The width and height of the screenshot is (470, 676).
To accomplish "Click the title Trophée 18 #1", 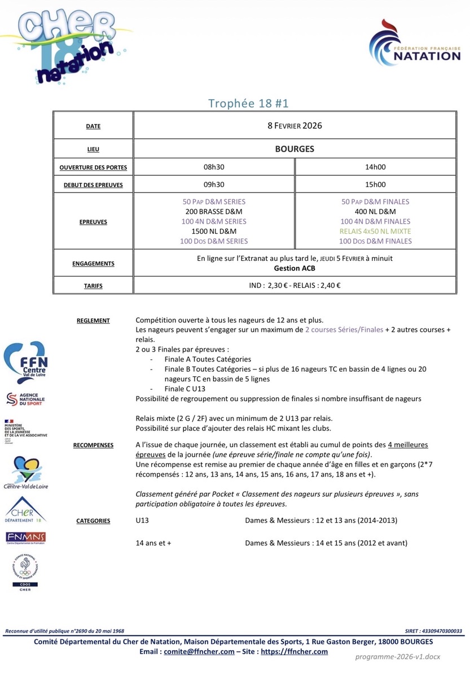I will point(248,103).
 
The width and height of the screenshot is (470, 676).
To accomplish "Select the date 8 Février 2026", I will point(295,126).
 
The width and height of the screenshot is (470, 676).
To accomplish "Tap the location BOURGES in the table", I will point(295,149).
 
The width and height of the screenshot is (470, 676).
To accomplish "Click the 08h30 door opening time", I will point(214,167).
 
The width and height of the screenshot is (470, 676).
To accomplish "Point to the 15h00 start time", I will point(375,184).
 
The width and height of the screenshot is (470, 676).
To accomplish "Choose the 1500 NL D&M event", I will point(214,231).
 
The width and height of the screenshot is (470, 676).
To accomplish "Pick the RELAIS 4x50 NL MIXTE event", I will point(375,231).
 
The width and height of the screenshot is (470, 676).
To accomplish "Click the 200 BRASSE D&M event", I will point(214,211).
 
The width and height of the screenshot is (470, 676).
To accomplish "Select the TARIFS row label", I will point(93,286).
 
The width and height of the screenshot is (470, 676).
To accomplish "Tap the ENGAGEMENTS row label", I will point(93,264).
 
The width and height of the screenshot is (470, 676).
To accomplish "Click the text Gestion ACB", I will point(295,269).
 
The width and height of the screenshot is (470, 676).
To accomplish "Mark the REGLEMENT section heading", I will point(93,321).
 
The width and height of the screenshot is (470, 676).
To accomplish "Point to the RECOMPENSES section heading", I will point(93,445).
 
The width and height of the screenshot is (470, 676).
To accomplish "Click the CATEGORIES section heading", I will point(93,521).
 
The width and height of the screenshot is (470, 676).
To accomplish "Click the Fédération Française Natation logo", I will point(415,45).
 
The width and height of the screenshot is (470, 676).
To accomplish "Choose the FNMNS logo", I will point(25,537).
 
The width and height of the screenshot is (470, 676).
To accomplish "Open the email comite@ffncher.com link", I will point(199,652).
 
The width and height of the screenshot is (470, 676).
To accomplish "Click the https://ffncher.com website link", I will point(295,652).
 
